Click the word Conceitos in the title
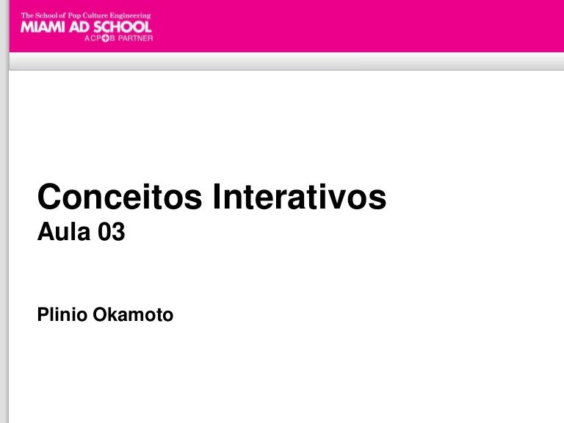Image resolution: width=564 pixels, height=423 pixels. pos(120,196)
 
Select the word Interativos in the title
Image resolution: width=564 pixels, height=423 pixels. pos(300,196)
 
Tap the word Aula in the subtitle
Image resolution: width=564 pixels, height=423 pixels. pos(64,231)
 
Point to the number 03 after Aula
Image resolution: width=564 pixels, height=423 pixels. pos(112,231)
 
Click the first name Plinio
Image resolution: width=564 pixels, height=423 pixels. pos(62,314)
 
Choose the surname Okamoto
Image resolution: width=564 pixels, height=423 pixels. pos(133,314)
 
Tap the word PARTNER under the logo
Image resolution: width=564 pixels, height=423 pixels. pos(136,38)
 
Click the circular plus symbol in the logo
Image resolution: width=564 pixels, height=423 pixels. pos(106,38)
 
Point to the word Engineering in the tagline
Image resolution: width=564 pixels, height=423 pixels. pos(130,16)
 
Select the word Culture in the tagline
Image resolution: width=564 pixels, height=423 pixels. pos(95,15)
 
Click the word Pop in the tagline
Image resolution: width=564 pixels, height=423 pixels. pos(74,16)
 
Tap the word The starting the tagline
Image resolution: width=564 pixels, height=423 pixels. pos(27,15)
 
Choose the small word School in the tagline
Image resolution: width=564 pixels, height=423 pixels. pos(46,15)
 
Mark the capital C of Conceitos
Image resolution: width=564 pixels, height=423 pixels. pos(49,196)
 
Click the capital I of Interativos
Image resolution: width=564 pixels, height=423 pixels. pos(216,196)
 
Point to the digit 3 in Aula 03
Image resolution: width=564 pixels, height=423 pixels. pos(118,231)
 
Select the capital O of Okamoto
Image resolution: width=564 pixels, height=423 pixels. pos(100,314)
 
